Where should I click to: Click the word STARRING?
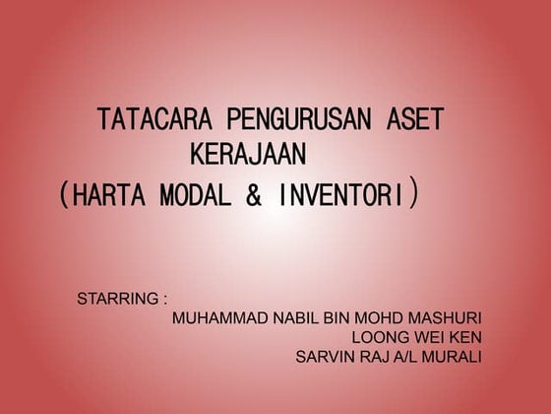click(117, 298)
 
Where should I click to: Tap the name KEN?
click(464, 336)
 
